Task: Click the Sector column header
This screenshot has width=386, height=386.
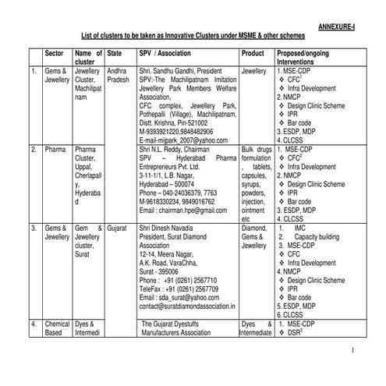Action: pos(55,52)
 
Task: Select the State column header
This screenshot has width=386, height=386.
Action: pos(114,52)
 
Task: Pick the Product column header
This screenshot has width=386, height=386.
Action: pos(253,52)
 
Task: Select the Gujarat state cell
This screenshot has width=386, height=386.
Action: pos(119,231)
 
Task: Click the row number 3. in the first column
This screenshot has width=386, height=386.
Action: pos(34,231)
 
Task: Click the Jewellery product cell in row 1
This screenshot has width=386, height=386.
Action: pos(254,70)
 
